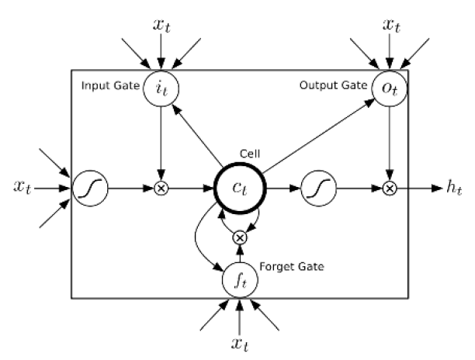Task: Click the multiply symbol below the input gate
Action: pos(161,189)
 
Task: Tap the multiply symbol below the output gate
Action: pos(390,189)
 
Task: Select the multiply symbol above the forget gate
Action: pos(240,237)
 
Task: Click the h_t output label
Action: pos(454,187)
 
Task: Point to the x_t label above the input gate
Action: pos(161,25)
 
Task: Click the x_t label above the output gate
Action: pos(391,25)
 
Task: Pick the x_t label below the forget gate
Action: pos(240,344)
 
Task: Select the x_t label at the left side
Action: pos(23,186)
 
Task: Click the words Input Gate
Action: pos(110,85)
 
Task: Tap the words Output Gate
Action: pos(333,85)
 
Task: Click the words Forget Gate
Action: pos(292,267)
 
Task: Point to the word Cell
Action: pos(250,154)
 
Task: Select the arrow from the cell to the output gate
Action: pos(319,136)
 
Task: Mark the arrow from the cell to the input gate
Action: pos(197,136)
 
